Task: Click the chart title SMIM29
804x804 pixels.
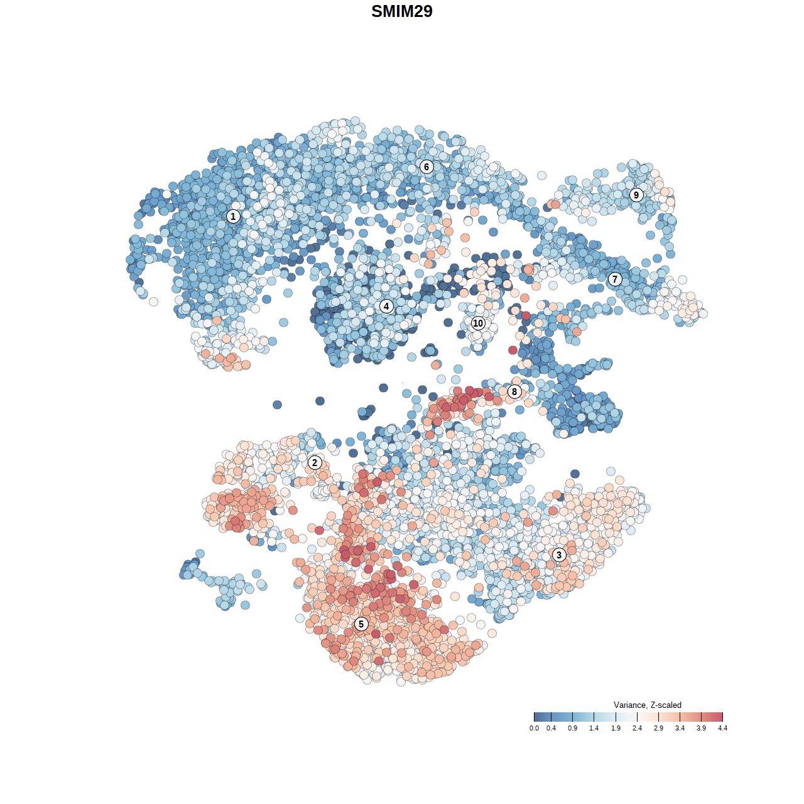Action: coord(402,11)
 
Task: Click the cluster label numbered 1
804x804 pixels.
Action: coord(233,216)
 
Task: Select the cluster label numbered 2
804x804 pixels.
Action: coord(315,463)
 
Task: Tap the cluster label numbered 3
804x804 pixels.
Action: coord(558,555)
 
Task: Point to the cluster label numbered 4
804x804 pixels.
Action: coord(386,307)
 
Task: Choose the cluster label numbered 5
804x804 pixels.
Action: coord(361,624)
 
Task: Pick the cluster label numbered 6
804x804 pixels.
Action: coord(426,166)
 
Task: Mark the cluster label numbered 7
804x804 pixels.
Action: coord(615,280)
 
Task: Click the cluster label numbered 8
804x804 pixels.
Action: coord(514,392)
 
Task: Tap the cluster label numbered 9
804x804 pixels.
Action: coord(636,195)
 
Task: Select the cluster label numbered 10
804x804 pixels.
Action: coord(478,323)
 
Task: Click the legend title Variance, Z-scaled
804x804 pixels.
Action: coord(647,705)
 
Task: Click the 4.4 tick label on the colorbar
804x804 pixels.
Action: coord(722,728)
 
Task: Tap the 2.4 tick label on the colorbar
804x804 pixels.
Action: coord(637,728)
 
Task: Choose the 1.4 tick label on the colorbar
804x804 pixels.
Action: coord(594,728)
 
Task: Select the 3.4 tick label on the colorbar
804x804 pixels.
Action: coord(680,728)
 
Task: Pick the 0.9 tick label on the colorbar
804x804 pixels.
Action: coord(573,728)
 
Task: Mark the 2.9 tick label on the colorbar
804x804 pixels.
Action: coord(658,728)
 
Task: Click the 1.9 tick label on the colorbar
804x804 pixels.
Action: coord(616,728)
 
